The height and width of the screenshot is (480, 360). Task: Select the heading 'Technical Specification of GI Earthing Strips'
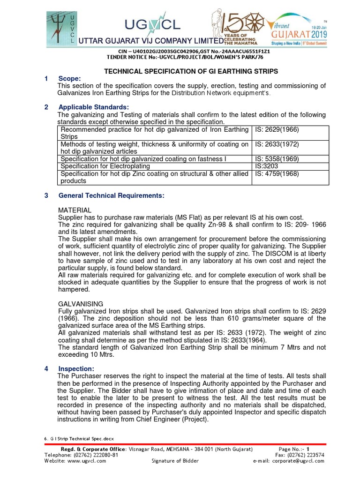(x=190, y=71)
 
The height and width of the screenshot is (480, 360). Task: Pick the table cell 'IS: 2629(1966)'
(x=277, y=129)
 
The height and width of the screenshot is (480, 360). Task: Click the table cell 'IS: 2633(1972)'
(x=277, y=144)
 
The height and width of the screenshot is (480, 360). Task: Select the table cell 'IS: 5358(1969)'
(x=277, y=159)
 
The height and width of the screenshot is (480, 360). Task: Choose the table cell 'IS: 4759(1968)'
(x=277, y=173)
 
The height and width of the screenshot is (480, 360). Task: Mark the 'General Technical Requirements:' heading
(x=111, y=195)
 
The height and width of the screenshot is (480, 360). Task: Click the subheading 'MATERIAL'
(x=75, y=210)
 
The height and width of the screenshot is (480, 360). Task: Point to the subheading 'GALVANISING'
(x=79, y=304)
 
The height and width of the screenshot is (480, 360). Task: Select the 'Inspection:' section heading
(x=75, y=368)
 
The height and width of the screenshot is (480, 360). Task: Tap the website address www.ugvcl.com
(x=87, y=461)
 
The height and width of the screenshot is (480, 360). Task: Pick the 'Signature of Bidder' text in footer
(x=175, y=461)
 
